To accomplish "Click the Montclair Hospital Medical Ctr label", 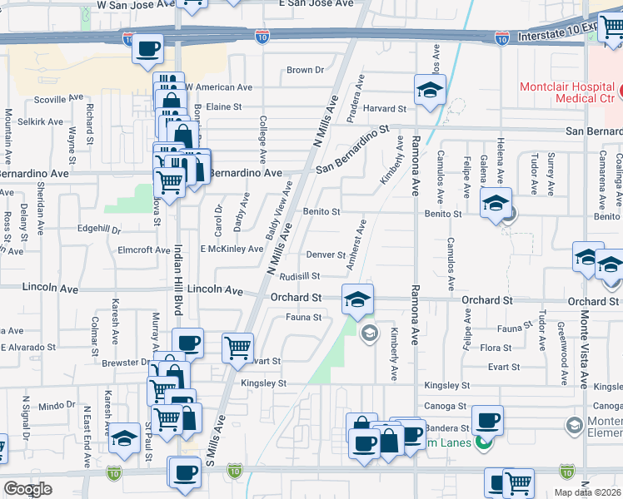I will pos(567,93).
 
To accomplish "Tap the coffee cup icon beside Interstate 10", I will pos(147,50).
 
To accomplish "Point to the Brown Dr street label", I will pos(304,71).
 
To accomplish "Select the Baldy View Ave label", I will pos(279,210).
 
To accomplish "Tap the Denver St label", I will pos(326,254).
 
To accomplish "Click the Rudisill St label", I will pos(300,276).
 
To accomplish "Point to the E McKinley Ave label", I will pos(232,249).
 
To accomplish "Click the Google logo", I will pos(27,488).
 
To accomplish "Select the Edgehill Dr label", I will pos(98,229).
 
